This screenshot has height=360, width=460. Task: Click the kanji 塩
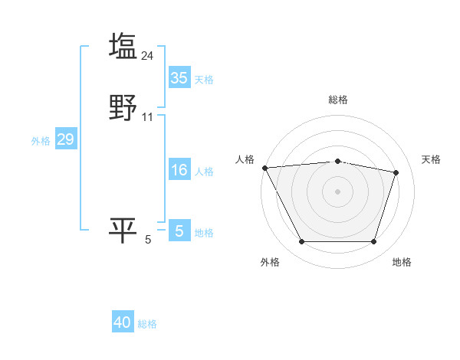(123, 46)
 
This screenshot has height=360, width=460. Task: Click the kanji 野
(123, 108)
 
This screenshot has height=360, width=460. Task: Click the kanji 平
(123, 231)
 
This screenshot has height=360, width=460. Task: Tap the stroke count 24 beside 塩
(148, 55)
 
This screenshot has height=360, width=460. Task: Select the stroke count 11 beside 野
(148, 117)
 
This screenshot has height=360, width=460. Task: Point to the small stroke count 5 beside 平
(148, 240)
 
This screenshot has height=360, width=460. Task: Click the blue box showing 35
(179, 78)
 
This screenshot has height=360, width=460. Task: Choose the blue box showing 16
(179, 170)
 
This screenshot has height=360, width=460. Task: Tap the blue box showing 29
(65, 139)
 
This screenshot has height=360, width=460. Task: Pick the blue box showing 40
(123, 322)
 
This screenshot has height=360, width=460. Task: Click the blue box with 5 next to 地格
(179, 231)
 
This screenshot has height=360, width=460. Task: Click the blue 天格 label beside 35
(204, 80)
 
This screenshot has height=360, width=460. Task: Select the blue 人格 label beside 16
(204, 172)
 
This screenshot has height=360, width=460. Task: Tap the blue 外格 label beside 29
(41, 141)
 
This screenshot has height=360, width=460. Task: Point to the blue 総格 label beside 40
(147, 324)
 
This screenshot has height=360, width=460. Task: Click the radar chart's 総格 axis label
(338, 100)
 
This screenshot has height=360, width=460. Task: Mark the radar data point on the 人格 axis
(264, 168)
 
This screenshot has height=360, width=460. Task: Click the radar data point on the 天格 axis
(396, 172)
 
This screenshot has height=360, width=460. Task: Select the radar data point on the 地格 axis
(373, 242)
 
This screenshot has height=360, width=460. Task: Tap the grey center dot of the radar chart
(338, 191)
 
